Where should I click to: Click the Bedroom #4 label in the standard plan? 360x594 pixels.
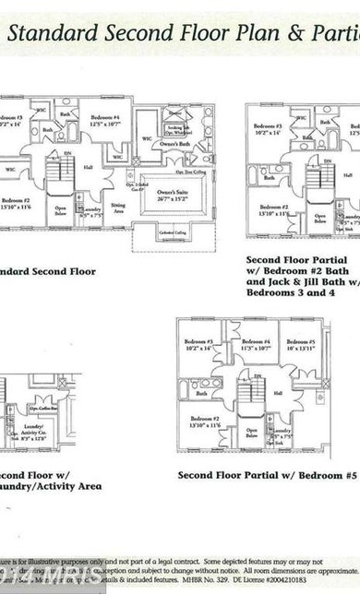pos(105,120)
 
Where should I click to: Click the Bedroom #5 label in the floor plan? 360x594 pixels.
pos(299,346)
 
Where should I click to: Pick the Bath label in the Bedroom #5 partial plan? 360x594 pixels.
pos(201,393)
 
